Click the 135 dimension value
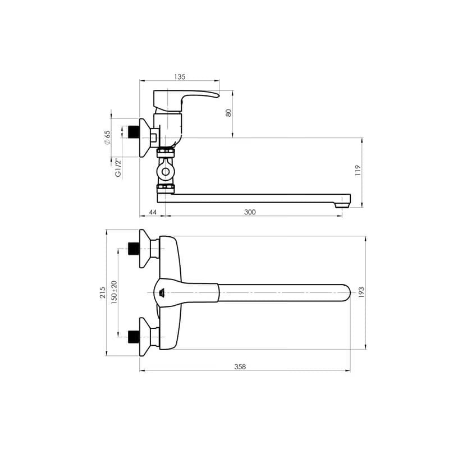[x=180, y=77]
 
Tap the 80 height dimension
[x=228, y=113]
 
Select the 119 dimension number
[x=358, y=171]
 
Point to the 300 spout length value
[x=250, y=212]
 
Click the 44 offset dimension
[x=153, y=212]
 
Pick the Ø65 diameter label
[x=107, y=138]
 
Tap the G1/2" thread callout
[x=118, y=168]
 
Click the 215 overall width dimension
[x=103, y=292]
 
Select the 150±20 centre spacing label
[x=114, y=292]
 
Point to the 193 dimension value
[x=361, y=292]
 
